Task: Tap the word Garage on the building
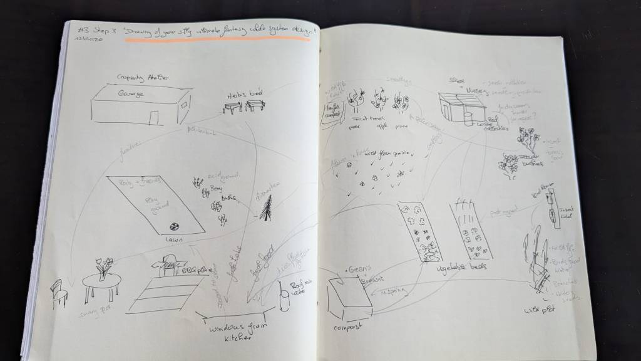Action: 131,93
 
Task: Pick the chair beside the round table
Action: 58,293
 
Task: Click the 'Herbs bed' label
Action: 245,94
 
